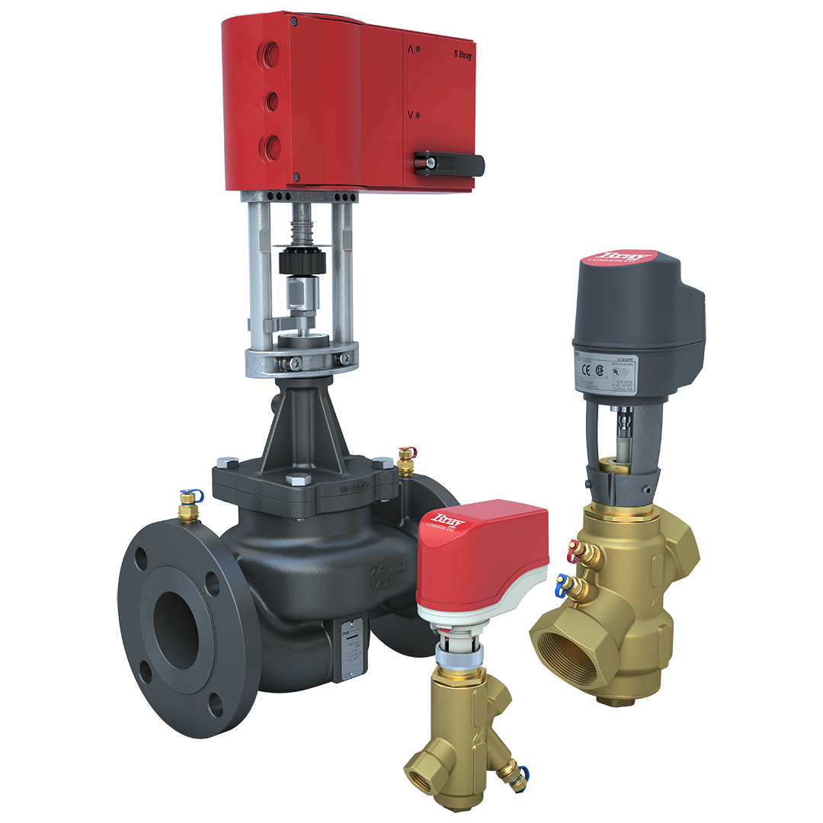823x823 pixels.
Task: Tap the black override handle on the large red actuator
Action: point(449,162)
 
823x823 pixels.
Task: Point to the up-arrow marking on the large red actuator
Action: point(411,49)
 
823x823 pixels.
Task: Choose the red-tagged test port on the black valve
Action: point(406,457)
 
